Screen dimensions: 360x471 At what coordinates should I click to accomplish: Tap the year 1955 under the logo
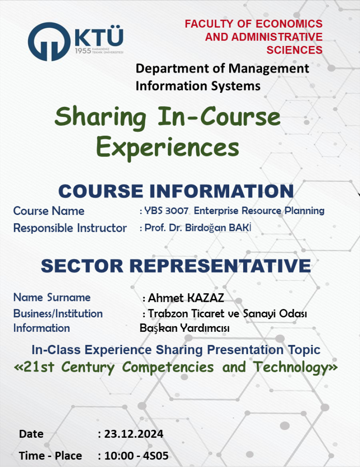coord(83,51)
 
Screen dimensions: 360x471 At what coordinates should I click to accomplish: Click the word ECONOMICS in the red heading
coord(289,24)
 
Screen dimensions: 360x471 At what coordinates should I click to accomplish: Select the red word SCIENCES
coord(294,50)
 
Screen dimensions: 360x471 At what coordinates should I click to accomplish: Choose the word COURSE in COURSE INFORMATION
coord(100,191)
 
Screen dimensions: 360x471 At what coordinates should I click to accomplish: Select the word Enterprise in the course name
coord(217,211)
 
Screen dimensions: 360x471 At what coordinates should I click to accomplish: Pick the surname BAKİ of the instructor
coord(240,227)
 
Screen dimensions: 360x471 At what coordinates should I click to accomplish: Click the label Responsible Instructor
coord(70,228)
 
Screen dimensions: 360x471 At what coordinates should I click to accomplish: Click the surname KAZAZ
coord(205,298)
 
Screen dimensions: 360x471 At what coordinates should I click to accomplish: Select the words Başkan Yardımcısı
coord(185,328)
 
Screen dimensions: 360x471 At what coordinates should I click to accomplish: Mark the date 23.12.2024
coord(134,434)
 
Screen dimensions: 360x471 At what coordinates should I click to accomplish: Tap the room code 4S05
coord(156,456)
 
